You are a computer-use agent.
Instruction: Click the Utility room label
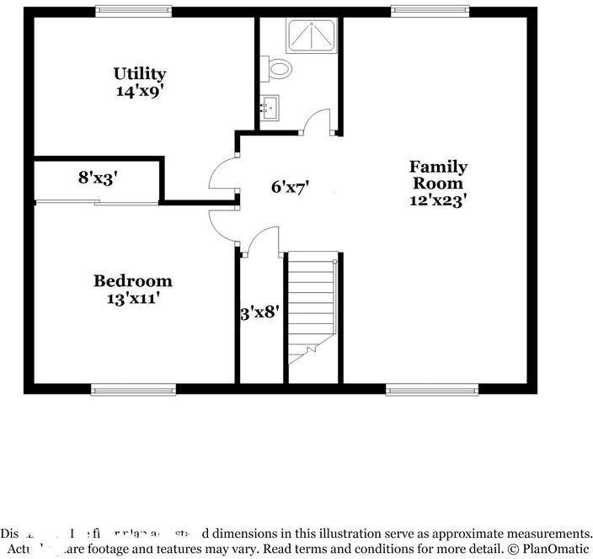140,74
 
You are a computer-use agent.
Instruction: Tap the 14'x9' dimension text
140,90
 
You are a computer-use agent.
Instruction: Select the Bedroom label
132,281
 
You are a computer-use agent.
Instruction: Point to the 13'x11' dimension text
132,297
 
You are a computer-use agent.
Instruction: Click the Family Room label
438,174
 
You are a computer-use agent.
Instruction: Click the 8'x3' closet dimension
98,178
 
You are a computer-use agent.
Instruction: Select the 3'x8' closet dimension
259,313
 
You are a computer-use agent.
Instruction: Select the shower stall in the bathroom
312,36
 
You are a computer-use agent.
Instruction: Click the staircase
313,307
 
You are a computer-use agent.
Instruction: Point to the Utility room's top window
133,11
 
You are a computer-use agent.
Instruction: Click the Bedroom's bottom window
133,389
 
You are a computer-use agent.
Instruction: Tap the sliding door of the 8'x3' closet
97,202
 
